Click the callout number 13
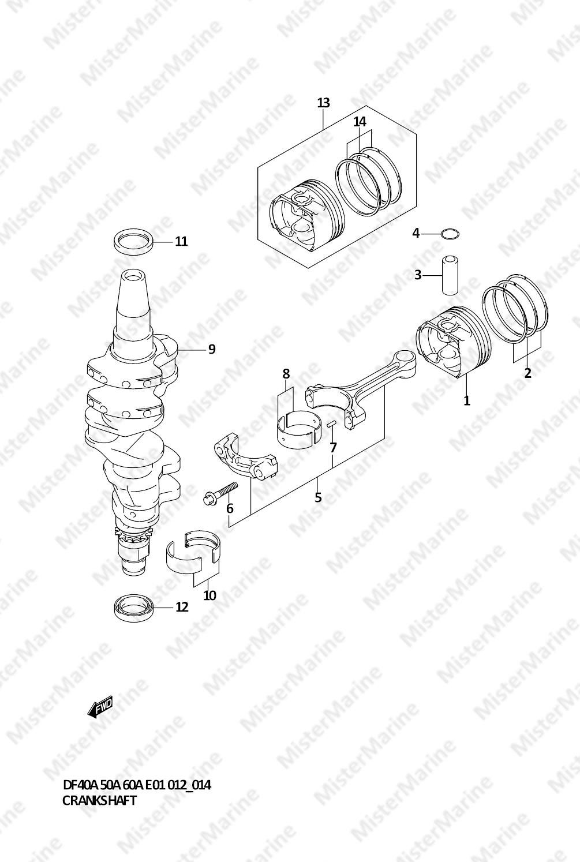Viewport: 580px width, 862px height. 324,103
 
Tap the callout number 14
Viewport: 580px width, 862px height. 360,122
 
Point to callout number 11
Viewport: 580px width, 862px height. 181,242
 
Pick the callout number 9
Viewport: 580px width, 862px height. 212,350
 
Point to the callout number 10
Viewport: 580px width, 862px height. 209,595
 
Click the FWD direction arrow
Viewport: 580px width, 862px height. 100,707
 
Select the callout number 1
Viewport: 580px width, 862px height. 467,400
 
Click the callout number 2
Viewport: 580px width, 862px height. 527,373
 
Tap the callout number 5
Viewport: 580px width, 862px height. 318,497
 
